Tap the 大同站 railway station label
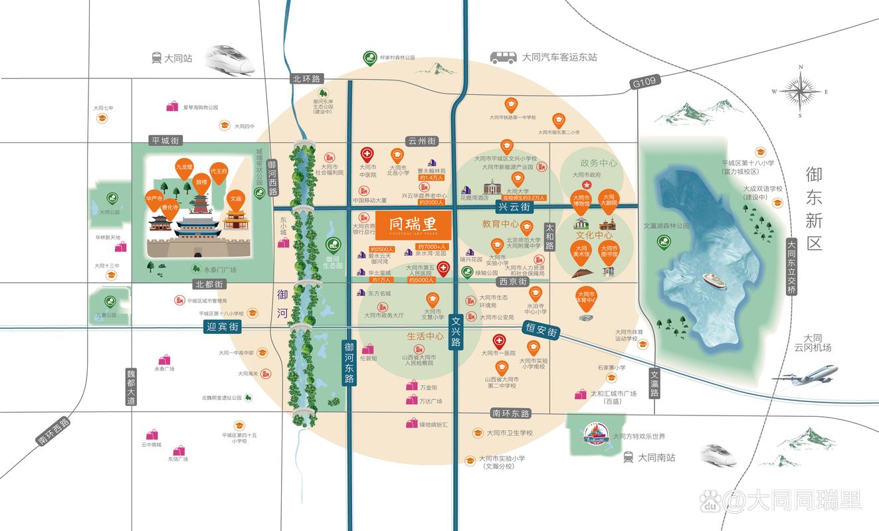pos(177,58)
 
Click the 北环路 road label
pos(306,78)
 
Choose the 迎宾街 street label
pos(221,327)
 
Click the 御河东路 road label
pos(349,362)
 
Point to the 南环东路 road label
pos(512,413)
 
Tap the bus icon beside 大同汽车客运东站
pos(504,57)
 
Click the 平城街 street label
pos(165,141)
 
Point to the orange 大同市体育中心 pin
pos(585,297)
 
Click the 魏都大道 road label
pos(131,387)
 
